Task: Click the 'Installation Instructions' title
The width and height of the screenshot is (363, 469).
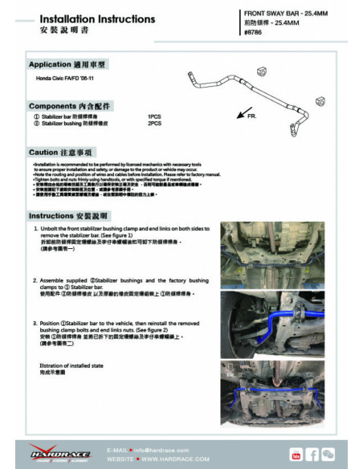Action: (86, 18)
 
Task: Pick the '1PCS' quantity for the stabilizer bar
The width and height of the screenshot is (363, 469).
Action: (154, 116)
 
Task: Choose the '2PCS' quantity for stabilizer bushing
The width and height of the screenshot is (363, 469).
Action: (154, 124)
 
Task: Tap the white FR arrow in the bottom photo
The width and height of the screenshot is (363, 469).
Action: (231, 375)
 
